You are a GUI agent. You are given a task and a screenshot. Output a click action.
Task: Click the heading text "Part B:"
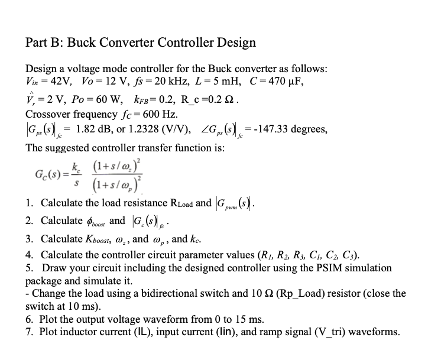click(x=45, y=43)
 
